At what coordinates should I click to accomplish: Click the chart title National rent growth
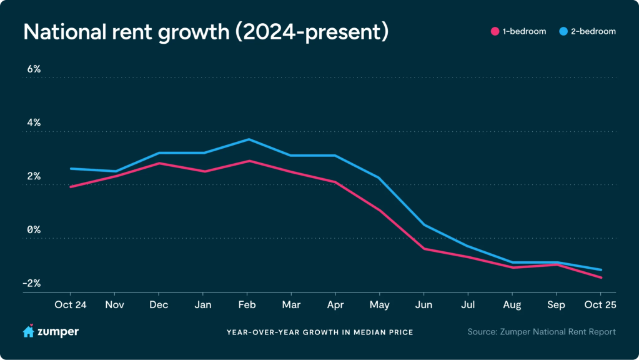[x=206, y=32]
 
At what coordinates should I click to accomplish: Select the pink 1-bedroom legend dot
[x=495, y=31]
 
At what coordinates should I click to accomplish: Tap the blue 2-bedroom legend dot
[x=563, y=31]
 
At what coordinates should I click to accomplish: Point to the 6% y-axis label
[x=33, y=69]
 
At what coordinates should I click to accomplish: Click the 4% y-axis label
[x=33, y=122]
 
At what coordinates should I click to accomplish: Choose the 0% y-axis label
[x=33, y=229]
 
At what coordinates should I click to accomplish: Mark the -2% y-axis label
[x=32, y=283]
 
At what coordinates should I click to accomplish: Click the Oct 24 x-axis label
[x=70, y=305]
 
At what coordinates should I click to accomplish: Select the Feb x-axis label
[x=247, y=305]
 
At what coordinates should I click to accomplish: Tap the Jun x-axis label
[x=424, y=305]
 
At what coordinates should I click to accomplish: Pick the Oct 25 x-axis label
[x=601, y=305]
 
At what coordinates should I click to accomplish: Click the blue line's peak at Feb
[x=247, y=139]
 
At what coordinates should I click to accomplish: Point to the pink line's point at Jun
[x=424, y=249]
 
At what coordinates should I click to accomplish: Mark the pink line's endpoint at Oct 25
[x=601, y=277]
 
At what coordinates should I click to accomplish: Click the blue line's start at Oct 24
[x=71, y=169]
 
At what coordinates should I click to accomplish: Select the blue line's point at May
[x=380, y=178]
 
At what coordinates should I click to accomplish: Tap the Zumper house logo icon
[x=28, y=331]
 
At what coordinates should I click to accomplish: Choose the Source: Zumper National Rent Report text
[x=541, y=332]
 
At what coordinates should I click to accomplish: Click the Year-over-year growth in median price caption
[x=319, y=332]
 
